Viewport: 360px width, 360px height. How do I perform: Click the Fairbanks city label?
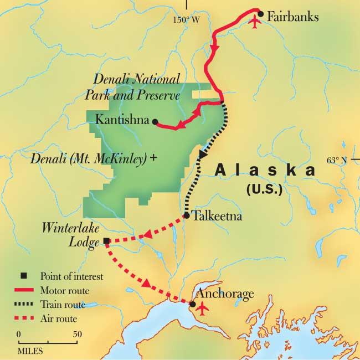292,17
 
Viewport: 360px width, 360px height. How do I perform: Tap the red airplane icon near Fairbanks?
255,23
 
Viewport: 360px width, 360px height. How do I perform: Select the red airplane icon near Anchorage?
203,307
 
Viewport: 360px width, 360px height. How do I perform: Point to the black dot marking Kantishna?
155,121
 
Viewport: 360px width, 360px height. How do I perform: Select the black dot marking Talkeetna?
187,215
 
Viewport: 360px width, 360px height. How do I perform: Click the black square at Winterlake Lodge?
106,241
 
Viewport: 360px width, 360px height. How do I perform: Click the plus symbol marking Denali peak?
153,158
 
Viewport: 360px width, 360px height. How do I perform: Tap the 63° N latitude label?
339,161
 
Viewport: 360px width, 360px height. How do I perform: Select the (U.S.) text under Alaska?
264,189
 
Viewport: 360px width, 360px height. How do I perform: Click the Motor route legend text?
65,290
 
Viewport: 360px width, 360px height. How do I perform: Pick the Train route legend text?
63,304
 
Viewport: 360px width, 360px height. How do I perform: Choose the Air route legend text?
59,318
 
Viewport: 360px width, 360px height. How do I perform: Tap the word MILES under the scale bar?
30,351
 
